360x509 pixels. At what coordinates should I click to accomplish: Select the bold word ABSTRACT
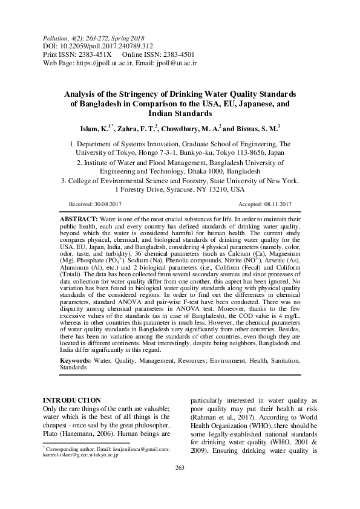click(78, 217)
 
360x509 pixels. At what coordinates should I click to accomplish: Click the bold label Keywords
click(76, 359)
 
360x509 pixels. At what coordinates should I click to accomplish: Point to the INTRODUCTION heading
click(73, 400)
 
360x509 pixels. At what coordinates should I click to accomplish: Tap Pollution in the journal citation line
click(56, 37)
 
